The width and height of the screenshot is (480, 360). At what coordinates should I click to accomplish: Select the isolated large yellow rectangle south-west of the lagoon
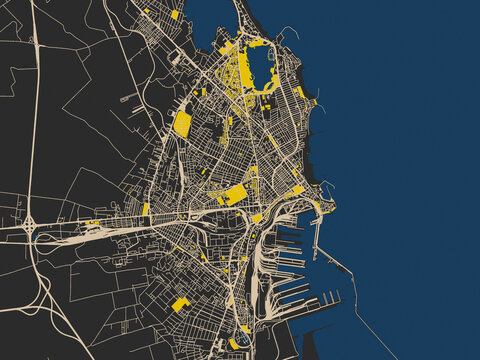coord(182,123)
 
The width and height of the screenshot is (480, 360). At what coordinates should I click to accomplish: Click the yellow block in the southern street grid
coord(180,304)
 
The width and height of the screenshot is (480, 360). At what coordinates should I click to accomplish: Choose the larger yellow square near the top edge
coord(175,15)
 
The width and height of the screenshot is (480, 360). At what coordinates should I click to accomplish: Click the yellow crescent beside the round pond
coord(234,344)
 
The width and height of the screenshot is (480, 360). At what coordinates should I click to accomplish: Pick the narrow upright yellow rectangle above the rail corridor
coord(145,210)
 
